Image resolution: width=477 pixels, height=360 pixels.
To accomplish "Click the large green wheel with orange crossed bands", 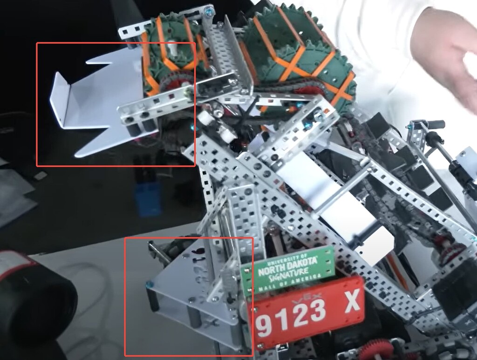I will pos(298,56).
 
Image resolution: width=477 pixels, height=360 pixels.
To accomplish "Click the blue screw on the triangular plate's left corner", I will pos(149,284).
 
